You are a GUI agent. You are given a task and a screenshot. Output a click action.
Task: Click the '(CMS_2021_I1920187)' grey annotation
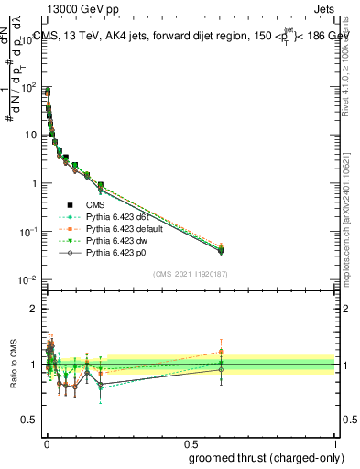(x=191, y=273)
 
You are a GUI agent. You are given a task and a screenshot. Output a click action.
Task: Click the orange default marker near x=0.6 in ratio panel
(x=221, y=351)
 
